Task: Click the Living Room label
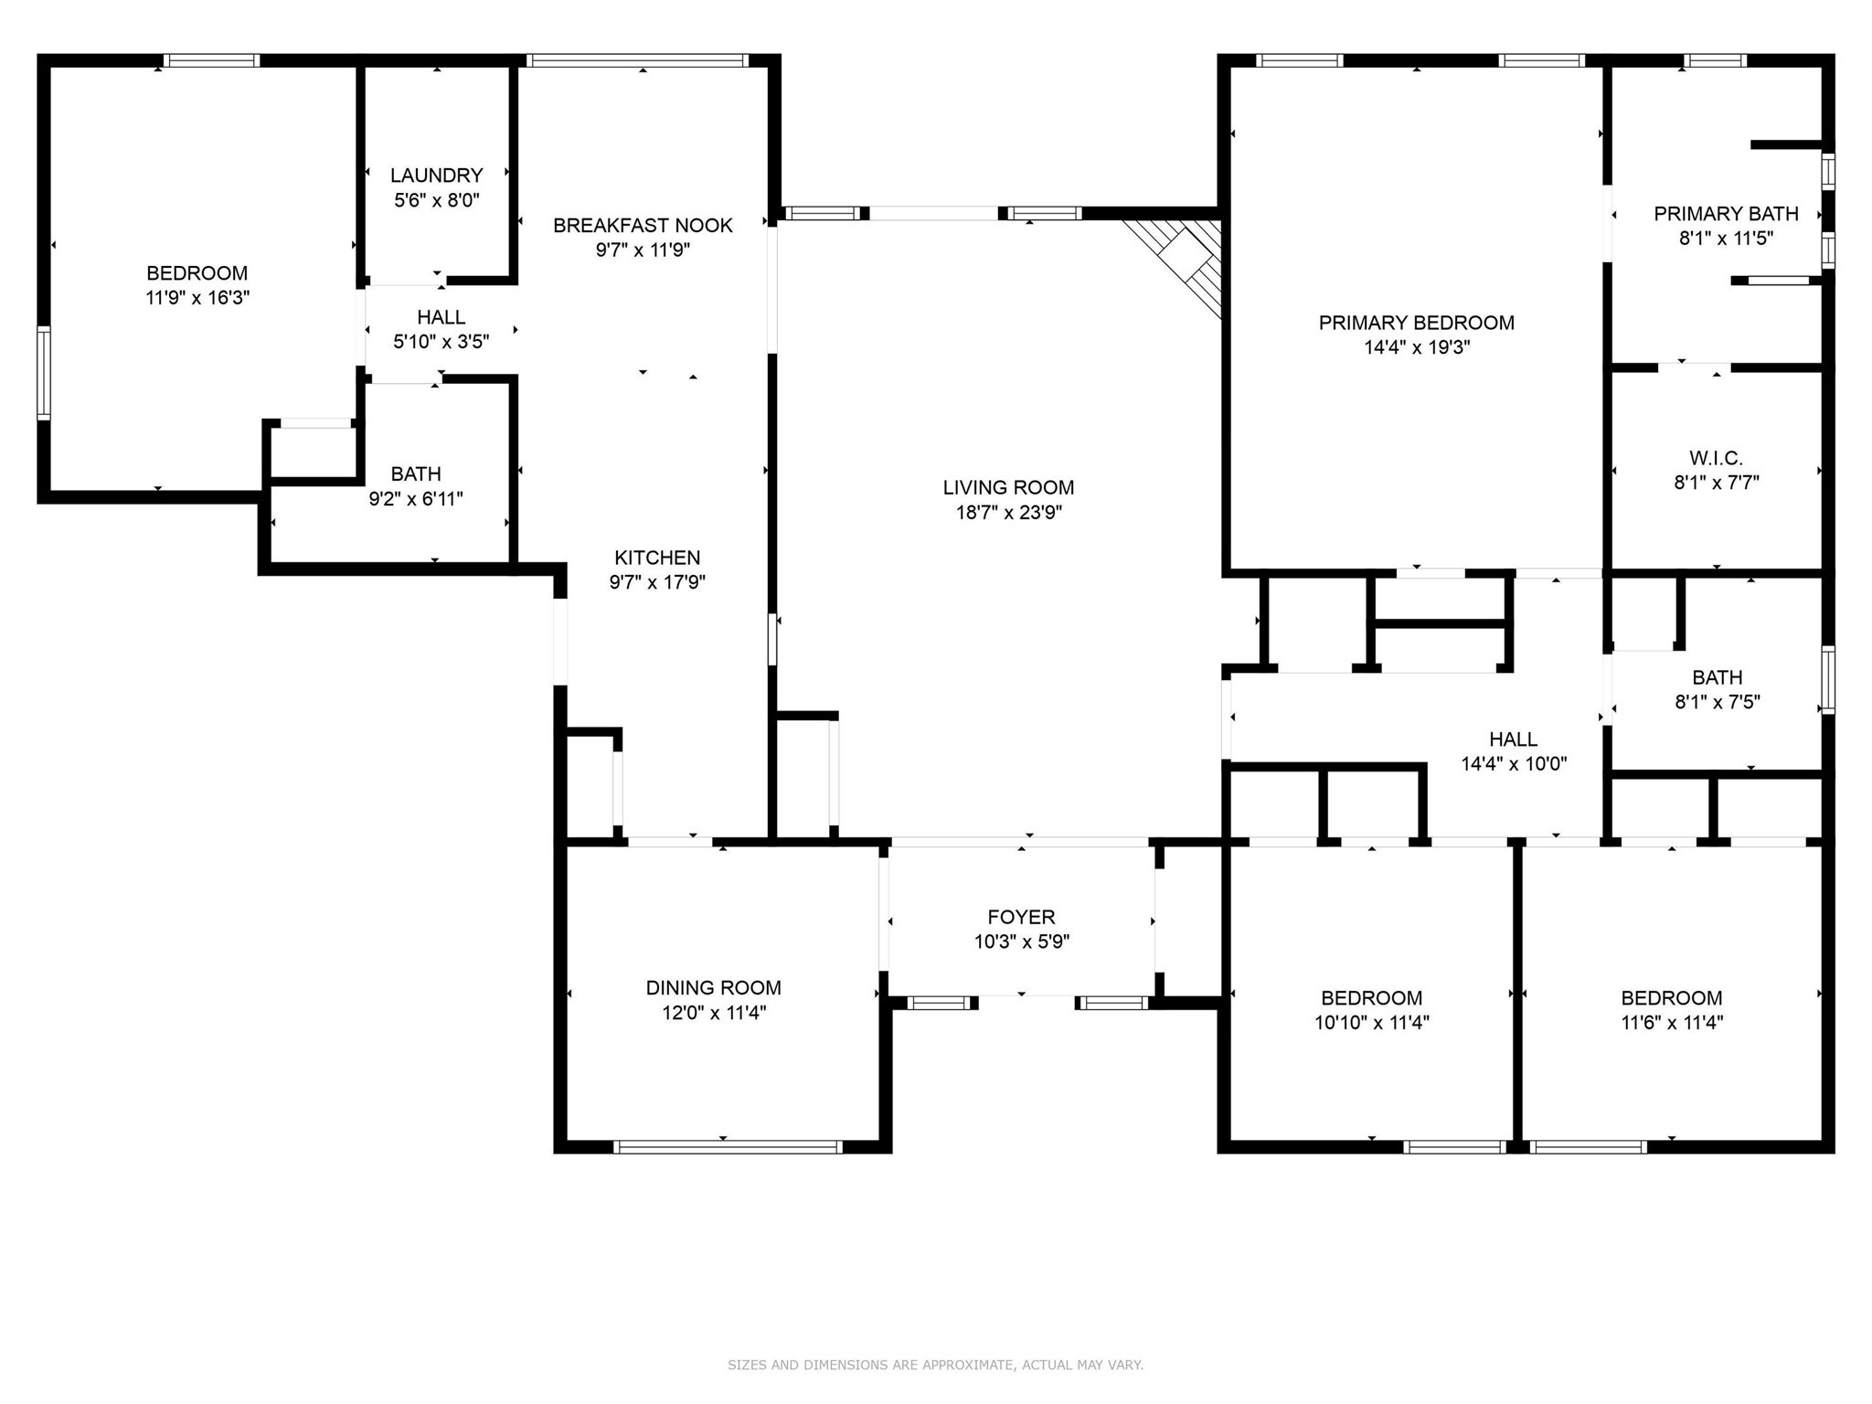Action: click(1008, 488)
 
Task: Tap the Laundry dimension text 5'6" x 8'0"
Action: click(436, 200)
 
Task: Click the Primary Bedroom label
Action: click(1416, 323)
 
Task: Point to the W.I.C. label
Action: click(1716, 458)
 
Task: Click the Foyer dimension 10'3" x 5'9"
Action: click(1021, 941)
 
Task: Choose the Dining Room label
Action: click(713, 988)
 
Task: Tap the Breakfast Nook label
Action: click(643, 226)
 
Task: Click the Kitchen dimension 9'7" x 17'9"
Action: click(657, 582)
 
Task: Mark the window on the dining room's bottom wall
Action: click(728, 1146)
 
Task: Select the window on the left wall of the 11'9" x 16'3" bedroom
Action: click(44, 373)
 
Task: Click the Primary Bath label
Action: click(1726, 214)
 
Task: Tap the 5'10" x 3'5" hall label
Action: click(441, 317)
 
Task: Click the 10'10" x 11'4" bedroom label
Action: click(1371, 998)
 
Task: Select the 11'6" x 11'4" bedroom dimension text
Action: click(1671, 1023)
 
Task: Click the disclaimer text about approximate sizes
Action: click(935, 1365)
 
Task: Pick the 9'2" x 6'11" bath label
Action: click(416, 474)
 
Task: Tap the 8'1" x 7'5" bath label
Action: click(1717, 678)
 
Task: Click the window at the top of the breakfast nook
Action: click(637, 61)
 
